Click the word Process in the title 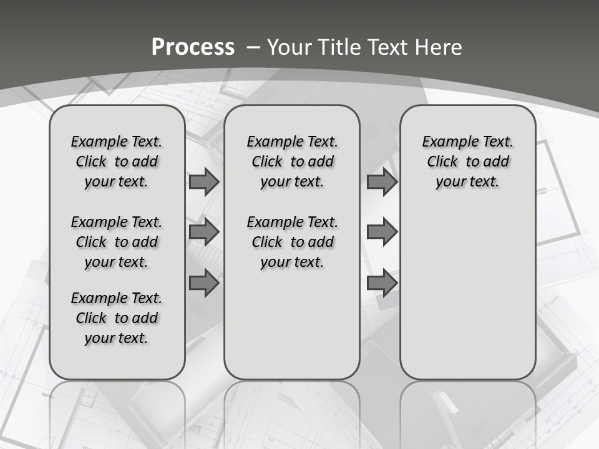(x=193, y=47)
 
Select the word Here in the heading (x=439, y=47)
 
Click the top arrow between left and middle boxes (x=204, y=182)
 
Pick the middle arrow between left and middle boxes (x=204, y=232)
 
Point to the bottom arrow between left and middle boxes (x=204, y=283)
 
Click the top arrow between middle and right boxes (x=382, y=182)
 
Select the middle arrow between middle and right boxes (x=382, y=232)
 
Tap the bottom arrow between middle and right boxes (x=382, y=283)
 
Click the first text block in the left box (x=117, y=162)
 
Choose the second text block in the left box (x=117, y=242)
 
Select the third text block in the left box (x=117, y=318)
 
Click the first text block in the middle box (x=292, y=162)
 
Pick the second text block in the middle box (x=292, y=242)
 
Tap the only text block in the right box (x=467, y=162)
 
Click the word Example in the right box (x=447, y=142)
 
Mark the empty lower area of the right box (x=467, y=293)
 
